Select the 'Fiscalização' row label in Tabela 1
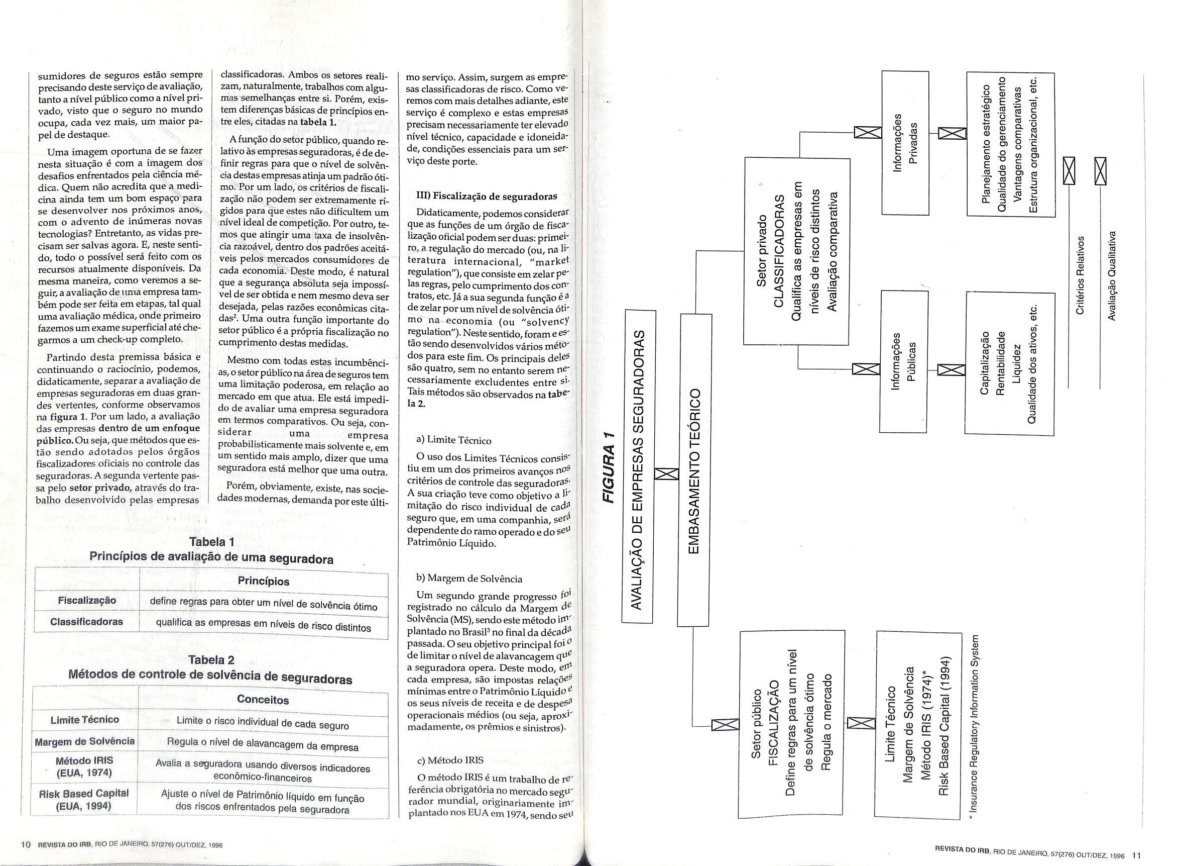[87, 600]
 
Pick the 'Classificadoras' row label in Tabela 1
[87, 622]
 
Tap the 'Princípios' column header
[264, 582]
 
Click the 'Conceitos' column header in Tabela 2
[263, 699]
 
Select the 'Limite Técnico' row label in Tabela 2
[84, 720]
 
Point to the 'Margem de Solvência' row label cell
[84, 741]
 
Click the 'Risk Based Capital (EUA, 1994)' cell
[84, 800]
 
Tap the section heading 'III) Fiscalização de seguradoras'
[487, 197]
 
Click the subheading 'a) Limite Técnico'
[453, 440]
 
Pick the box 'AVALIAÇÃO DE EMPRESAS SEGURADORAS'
[637, 466]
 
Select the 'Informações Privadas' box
[904, 143]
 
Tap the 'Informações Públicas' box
[903, 362]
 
